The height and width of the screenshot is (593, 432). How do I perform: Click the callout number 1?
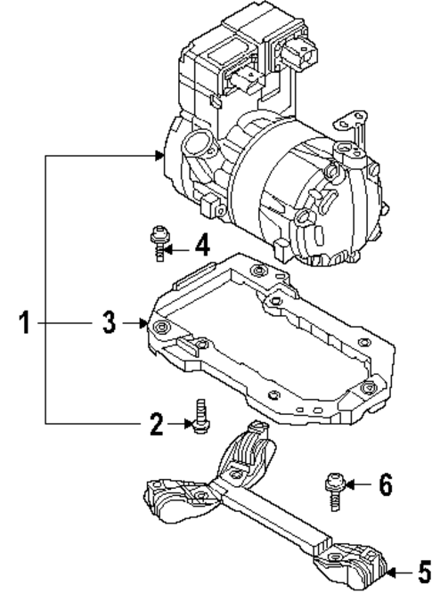click(x=27, y=322)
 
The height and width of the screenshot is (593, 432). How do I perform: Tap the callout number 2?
click(x=157, y=425)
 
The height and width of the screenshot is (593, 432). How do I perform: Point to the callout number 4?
click(x=203, y=244)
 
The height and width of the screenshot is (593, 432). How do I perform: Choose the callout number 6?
click(x=385, y=484)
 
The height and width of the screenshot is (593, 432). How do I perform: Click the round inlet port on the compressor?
click(x=196, y=146)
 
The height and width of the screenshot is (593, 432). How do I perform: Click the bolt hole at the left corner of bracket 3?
click(x=161, y=330)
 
